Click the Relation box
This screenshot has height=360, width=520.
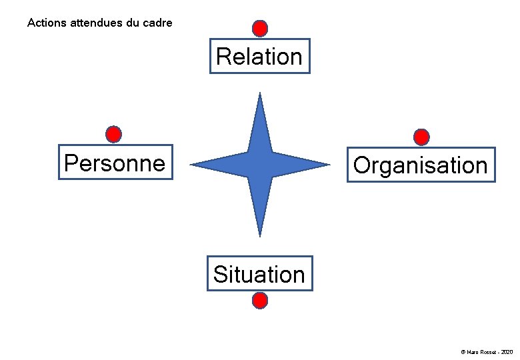point(259,56)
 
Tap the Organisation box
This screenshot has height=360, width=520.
point(421,165)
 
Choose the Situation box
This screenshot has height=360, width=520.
point(259,274)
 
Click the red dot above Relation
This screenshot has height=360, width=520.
point(260,29)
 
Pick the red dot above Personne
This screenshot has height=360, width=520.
point(114,135)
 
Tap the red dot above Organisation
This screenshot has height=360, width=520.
point(421,137)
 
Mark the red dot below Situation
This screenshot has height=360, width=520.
point(260,301)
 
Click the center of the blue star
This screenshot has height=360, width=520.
point(260,164)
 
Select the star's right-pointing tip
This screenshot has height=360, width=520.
point(328,164)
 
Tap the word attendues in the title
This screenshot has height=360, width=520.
point(96,23)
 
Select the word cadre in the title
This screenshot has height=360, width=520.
point(158,23)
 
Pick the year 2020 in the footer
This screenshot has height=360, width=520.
point(506,351)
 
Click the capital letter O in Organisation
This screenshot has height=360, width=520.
point(361,165)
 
